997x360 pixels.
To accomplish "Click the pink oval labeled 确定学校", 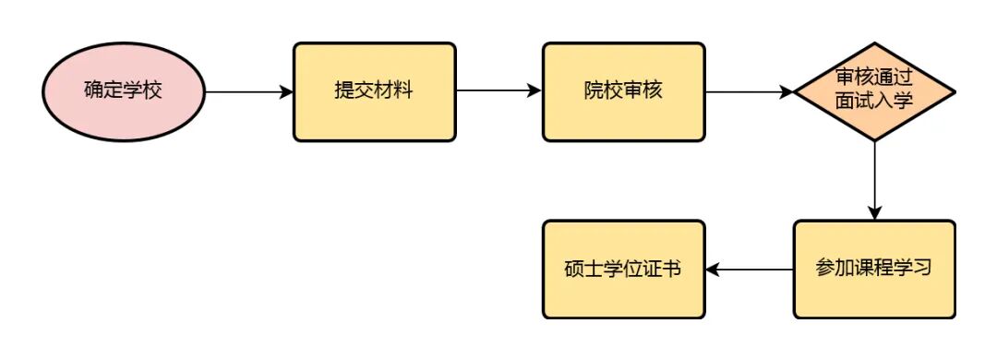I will [123, 92].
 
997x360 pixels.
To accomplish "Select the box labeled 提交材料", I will [374, 92].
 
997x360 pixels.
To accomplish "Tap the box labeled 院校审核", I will [623, 92].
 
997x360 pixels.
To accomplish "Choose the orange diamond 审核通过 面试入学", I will [873, 90].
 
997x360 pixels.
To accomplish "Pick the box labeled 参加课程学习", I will [873, 269].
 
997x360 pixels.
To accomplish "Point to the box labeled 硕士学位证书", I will [623, 269].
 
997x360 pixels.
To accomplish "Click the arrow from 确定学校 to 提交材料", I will [247, 92].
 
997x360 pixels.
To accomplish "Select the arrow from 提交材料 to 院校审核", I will [498, 92].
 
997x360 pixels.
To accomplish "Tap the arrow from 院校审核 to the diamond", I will [749, 92].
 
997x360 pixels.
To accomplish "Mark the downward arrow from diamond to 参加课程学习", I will [873, 180].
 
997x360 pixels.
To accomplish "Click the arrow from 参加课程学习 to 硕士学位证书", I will [749, 270].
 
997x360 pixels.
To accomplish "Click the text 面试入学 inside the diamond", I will [873, 102].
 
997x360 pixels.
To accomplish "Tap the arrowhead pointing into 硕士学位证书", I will [713, 270].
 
